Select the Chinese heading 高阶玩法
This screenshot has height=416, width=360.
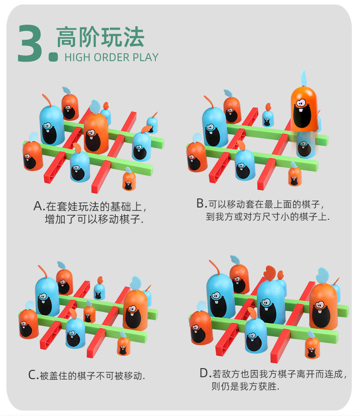(100, 37)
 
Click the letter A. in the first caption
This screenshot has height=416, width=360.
(39, 206)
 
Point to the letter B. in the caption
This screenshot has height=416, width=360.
(201, 203)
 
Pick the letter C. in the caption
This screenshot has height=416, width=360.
(33, 375)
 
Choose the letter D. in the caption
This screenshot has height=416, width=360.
(205, 373)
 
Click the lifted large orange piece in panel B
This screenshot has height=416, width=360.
(304, 109)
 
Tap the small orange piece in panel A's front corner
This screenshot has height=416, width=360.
(129, 181)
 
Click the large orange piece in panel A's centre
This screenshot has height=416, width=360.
(96, 134)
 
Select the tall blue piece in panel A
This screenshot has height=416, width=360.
(51, 125)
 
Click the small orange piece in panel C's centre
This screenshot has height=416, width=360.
(89, 313)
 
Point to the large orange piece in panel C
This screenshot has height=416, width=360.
(135, 311)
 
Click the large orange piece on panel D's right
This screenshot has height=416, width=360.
(323, 307)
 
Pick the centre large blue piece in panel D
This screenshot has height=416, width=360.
(271, 302)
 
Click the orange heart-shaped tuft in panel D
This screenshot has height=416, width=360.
(270, 273)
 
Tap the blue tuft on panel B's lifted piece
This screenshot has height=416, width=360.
(303, 78)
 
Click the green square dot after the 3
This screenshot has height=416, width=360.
(53, 57)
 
